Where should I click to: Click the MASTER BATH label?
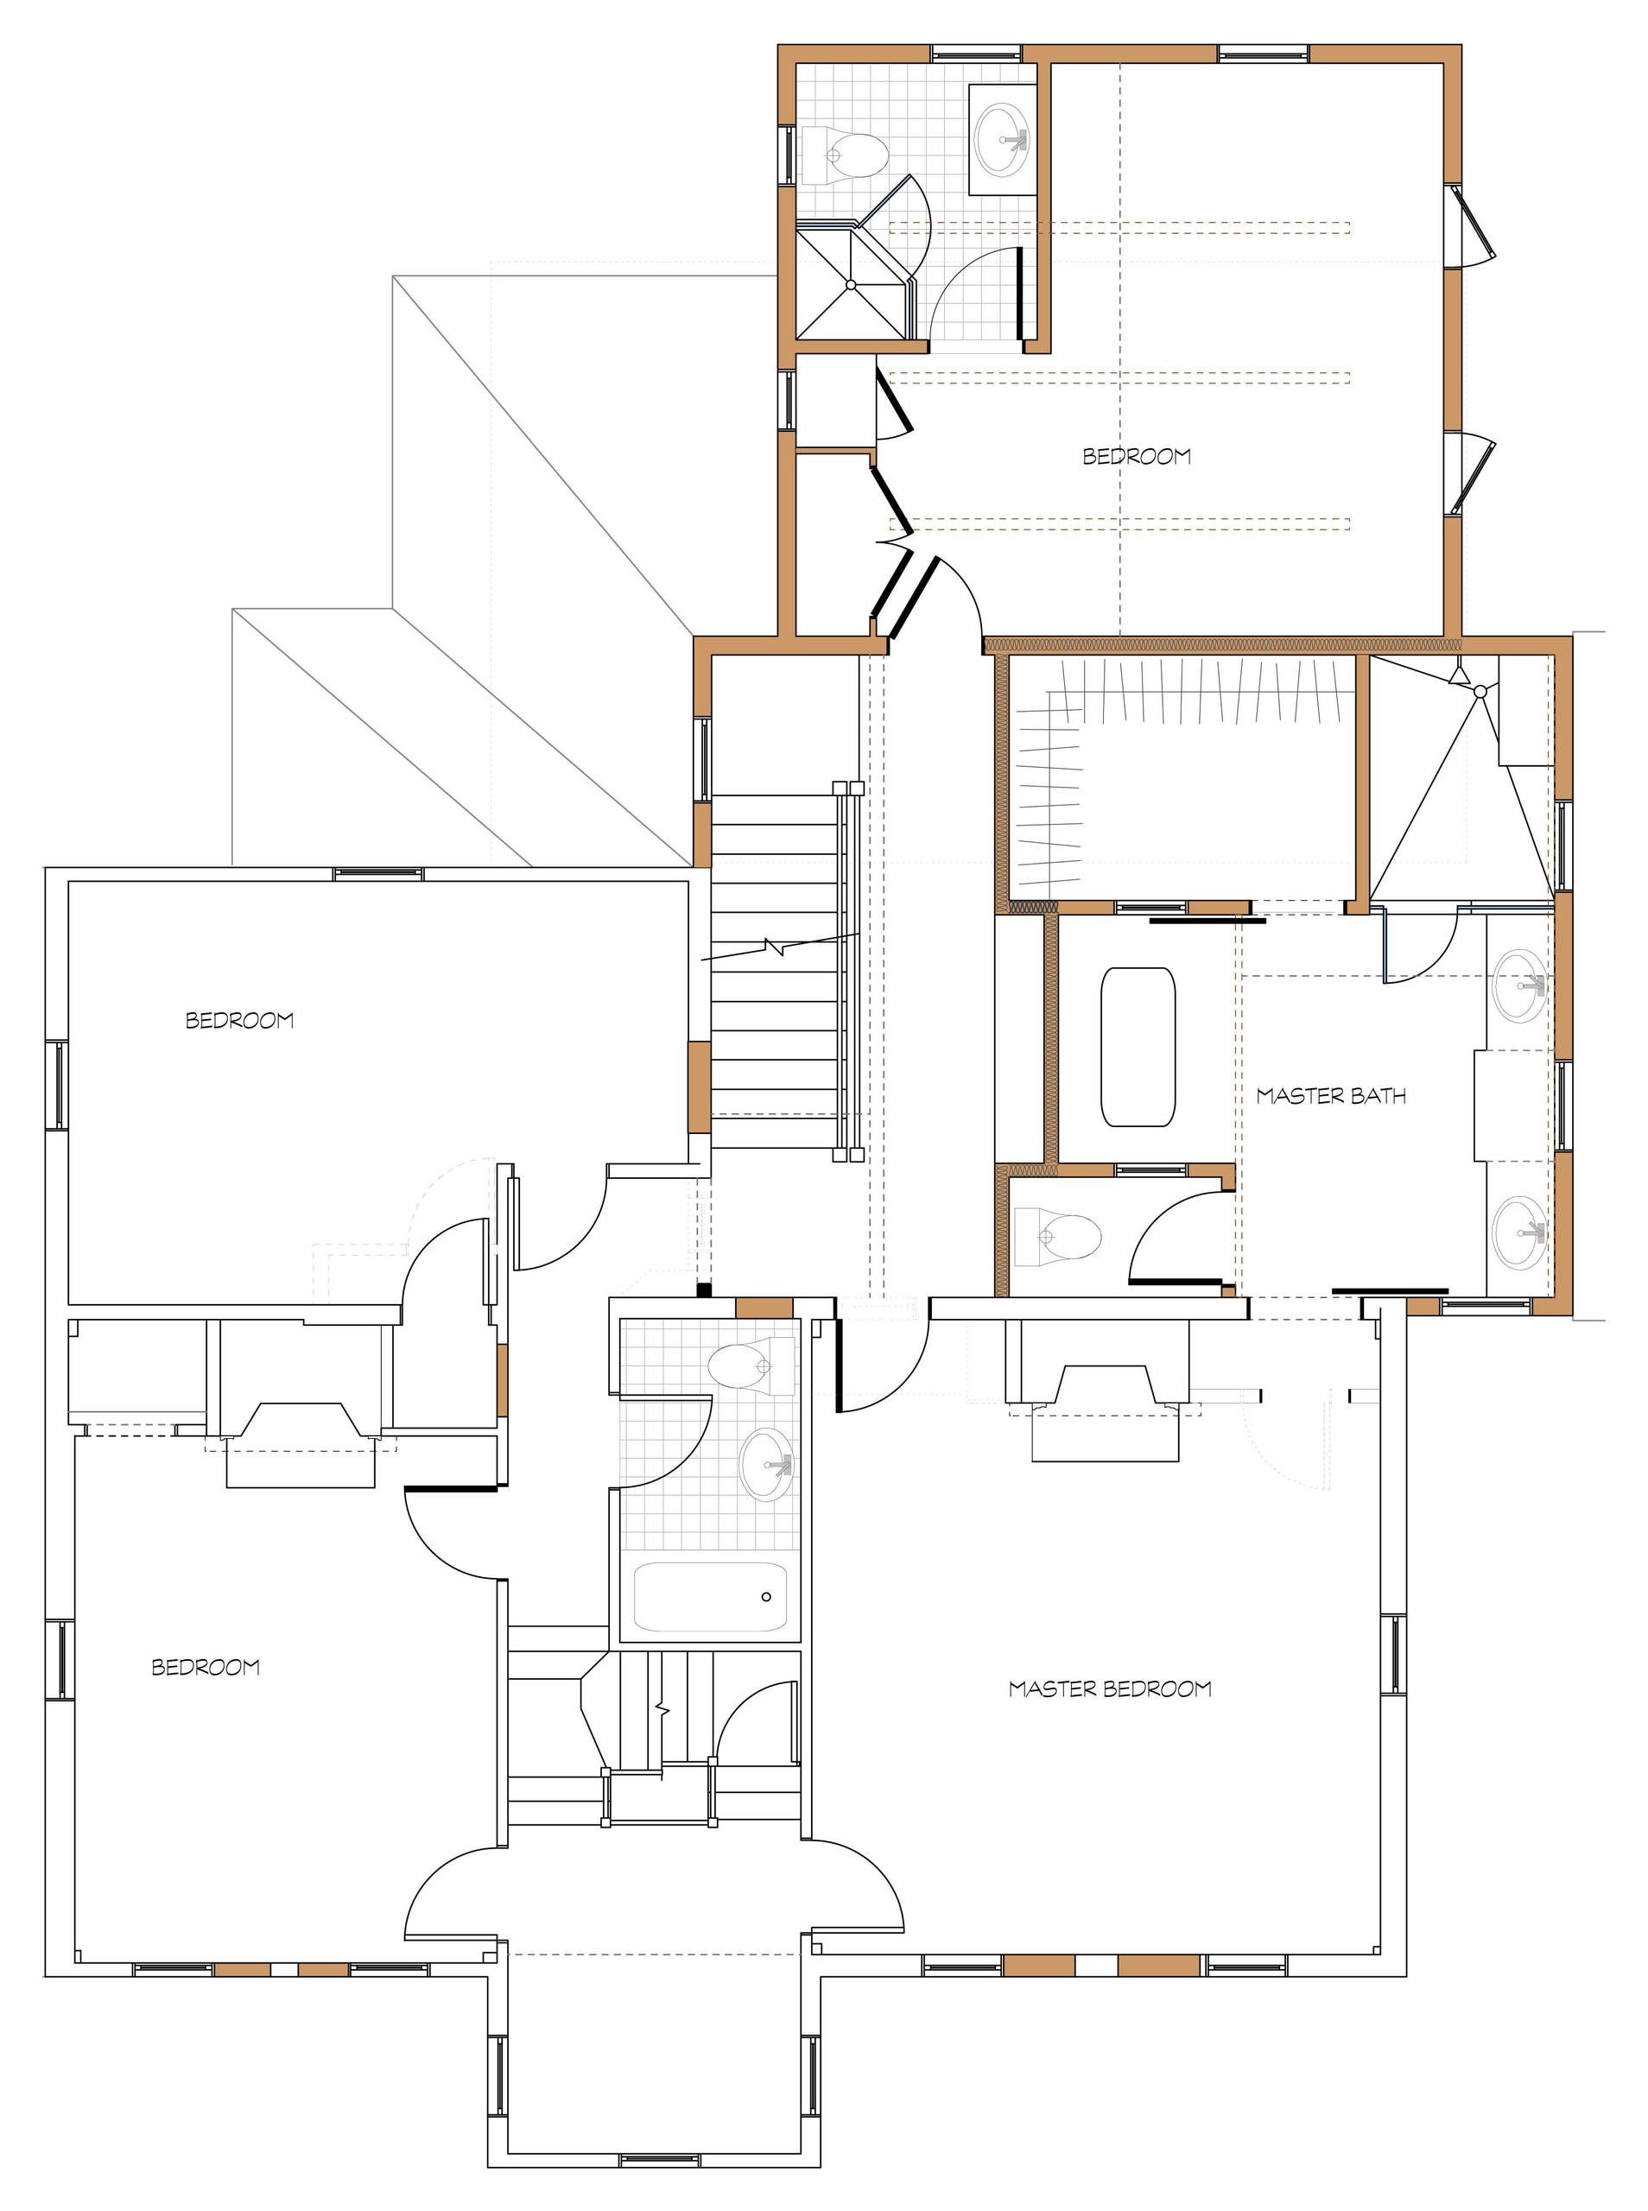[x=1331, y=1096]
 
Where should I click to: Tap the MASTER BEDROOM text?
[x=1109, y=1688]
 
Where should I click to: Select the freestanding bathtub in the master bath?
[x=1138, y=1046]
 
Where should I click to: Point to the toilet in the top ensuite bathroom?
[x=845, y=155]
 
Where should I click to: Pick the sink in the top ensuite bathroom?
[x=1002, y=137]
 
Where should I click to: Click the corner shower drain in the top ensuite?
[x=851, y=284]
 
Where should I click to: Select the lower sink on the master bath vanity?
[x=1519, y=1231]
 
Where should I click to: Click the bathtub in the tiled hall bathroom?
[x=710, y=1597]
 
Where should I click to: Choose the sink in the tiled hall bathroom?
[x=766, y=1464]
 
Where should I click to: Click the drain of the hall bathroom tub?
[x=766, y=1597]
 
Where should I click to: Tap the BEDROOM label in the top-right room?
[x=1137, y=457]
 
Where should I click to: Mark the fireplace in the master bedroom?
[x=1106, y=1397]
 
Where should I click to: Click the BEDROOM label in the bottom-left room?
[x=206, y=1667]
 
